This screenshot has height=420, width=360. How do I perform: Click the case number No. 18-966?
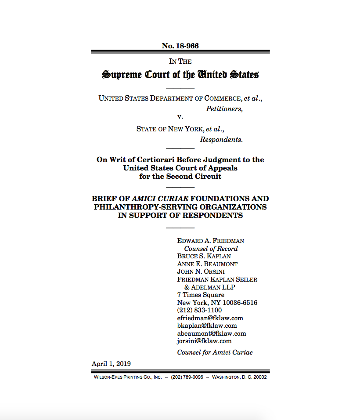(x=180, y=46)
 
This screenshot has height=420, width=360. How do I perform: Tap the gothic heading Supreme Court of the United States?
(x=180, y=75)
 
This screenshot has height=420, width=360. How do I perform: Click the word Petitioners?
(x=224, y=109)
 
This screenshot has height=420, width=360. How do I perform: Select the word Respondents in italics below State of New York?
(x=221, y=140)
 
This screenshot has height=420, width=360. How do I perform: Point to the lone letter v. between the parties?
(x=180, y=117)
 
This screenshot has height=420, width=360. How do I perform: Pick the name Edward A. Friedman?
(x=210, y=241)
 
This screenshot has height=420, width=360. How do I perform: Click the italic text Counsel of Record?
(x=211, y=249)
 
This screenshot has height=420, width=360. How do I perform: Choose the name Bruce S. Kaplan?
(x=204, y=256)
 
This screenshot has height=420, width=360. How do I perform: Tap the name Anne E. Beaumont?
(x=207, y=264)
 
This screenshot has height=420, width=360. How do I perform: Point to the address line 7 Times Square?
(x=201, y=295)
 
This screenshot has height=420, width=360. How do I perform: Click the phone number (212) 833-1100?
(x=199, y=310)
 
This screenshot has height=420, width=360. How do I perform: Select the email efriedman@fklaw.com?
(x=210, y=318)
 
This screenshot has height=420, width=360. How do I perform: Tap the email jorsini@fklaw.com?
(x=204, y=341)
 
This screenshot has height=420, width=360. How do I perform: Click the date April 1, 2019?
(x=111, y=363)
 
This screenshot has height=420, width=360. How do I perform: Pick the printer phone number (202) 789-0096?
(x=187, y=377)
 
